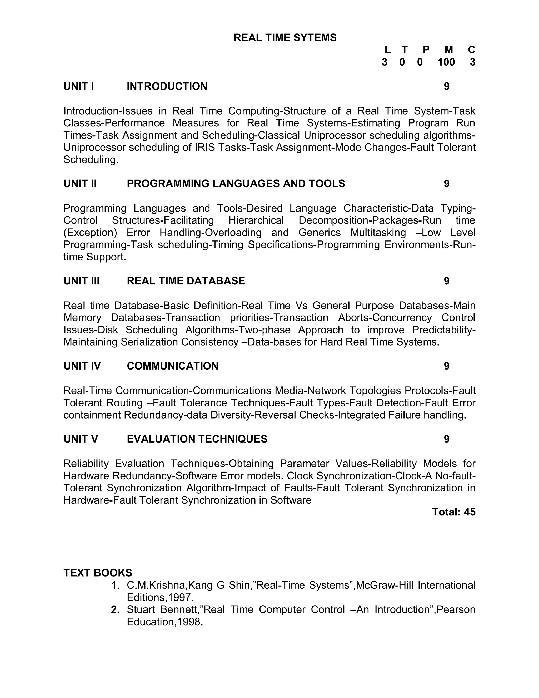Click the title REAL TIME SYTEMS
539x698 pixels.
coord(285,38)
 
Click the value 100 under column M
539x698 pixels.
coord(446,62)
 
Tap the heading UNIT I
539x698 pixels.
coord(78,86)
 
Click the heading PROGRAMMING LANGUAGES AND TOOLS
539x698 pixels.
coord(236,183)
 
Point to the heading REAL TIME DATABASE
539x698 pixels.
coord(186,281)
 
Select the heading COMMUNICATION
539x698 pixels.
coord(172,366)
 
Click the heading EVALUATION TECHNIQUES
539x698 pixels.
coord(197,439)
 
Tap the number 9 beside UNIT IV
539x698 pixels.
coord(446,366)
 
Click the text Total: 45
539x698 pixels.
coord(453,512)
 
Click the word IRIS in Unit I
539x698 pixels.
coord(205,147)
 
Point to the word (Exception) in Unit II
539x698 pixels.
coord(90,232)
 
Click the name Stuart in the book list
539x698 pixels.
coord(141,609)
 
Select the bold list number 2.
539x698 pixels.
coord(115,609)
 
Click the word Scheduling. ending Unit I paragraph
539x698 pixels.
coord(91,159)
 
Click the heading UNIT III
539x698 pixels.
coord(81,281)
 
